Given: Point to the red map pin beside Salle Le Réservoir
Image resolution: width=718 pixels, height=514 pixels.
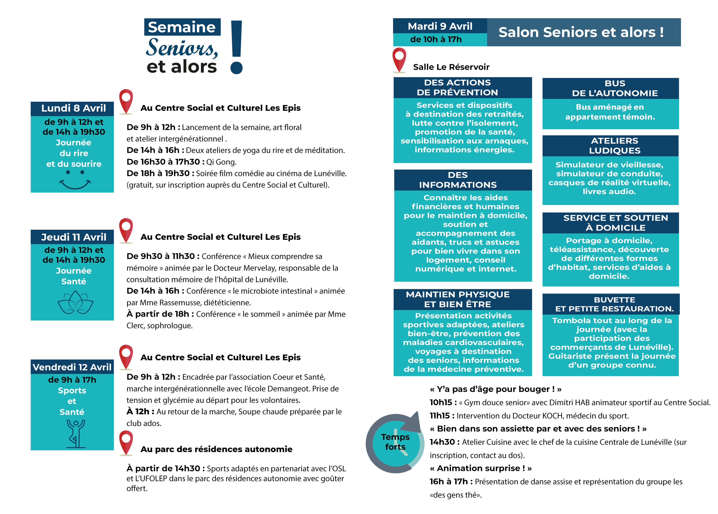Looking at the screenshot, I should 399,60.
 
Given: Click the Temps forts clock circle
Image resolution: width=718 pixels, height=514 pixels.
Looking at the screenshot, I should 395,443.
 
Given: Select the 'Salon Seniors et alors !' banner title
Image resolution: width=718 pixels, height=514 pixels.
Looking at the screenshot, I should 581,32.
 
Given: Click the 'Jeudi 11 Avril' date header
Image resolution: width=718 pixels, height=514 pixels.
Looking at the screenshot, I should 73,237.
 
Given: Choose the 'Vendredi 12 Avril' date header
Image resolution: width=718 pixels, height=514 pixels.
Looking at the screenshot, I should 72,367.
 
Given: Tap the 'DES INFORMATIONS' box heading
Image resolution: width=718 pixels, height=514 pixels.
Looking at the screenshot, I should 458,180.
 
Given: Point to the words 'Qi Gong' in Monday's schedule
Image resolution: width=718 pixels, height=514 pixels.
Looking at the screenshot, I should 221,162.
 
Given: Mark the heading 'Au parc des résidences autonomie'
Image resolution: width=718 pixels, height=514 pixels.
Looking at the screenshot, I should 216,449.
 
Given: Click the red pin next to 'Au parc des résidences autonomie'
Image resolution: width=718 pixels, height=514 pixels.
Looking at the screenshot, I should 126,443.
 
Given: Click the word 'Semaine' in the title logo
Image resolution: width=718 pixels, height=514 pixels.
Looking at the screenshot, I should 182,27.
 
